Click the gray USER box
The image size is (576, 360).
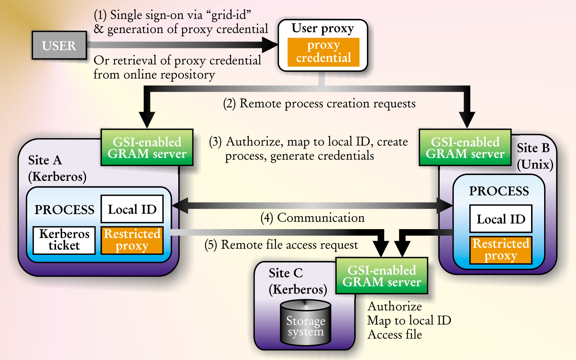click(x=59, y=45)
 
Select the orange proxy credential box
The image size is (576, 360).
click(x=323, y=52)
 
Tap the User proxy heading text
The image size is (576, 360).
click(x=323, y=28)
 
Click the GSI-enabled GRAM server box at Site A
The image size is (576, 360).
click(x=147, y=148)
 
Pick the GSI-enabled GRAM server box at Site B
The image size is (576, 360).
click(x=465, y=148)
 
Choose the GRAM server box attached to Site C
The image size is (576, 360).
click(x=382, y=276)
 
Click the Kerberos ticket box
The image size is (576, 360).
click(x=64, y=240)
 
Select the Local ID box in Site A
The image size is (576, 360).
click(x=132, y=209)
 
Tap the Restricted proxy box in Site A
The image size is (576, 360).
click(x=132, y=240)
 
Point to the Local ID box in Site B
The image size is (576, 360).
click(x=501, y=219)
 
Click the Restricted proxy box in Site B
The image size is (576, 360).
click(x=501, y=250)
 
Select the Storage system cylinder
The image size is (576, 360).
click(x=306, y=322)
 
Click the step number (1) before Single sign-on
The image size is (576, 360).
click(x=100, y=15)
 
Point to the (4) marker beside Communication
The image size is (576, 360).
click(x=266, y=218)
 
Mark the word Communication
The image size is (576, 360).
click(x=321, y=218)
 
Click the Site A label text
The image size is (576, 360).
click(x=45, y=160)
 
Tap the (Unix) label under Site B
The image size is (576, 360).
click(x=535, y=165)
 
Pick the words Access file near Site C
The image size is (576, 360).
click(x=395, y=335)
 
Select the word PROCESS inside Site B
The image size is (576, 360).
click(x=499, y=191)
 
